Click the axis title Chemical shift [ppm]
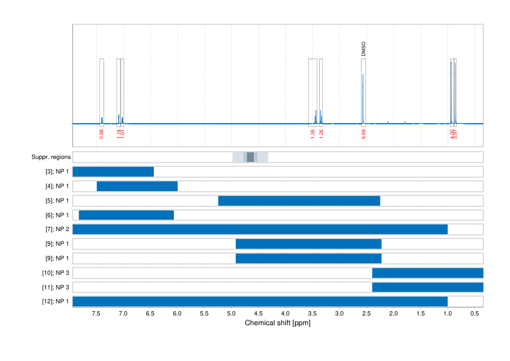point(277,323)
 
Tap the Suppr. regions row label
point(51,157)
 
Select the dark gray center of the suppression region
point(250,157)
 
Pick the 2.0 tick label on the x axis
point(393,314)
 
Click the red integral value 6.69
point(363,133)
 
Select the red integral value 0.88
point(101,133)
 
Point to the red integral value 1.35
point(313,133)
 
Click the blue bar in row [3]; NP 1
point(113,172)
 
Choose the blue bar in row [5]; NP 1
point(299,201)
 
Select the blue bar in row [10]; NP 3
point(428,273)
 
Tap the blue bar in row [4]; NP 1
point(137,186)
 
